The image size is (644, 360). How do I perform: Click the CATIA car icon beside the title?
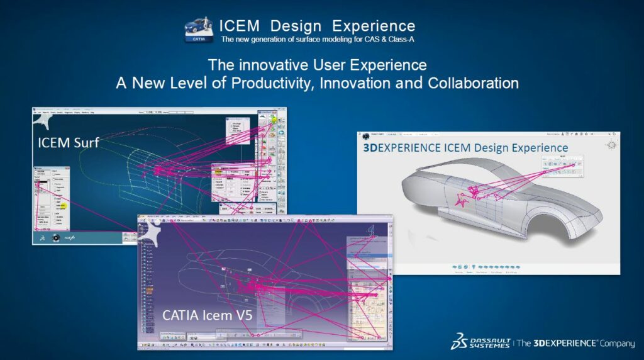[199, 30]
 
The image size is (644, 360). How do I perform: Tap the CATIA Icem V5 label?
[208, 315]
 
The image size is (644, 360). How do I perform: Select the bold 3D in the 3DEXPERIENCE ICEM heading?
[369, 148]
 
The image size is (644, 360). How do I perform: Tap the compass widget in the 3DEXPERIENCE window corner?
[609, 145]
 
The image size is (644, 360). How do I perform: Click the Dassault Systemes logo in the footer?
[480, 342]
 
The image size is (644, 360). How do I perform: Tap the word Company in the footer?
[617, 343]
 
